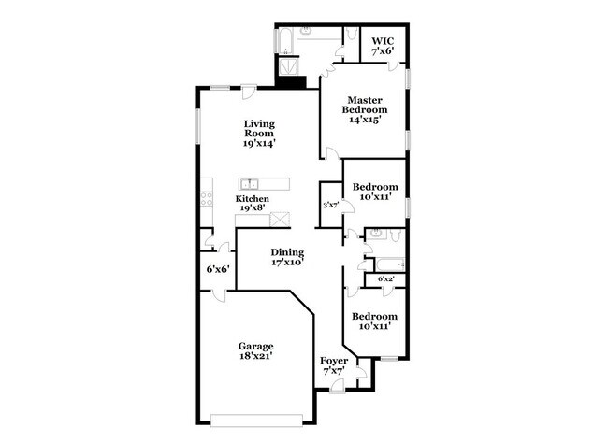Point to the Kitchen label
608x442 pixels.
[x=253, y=204]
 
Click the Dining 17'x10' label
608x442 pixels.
[x=287, y=257]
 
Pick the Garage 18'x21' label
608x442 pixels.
[x=254, y=350]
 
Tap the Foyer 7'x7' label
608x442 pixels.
[x=334, y=365]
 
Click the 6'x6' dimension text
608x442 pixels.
[x=218, y=269]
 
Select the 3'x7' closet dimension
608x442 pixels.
[x=329, y=205]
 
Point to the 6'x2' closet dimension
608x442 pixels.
[x=386, y=278]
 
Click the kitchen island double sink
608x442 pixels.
[x=250, y=183]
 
